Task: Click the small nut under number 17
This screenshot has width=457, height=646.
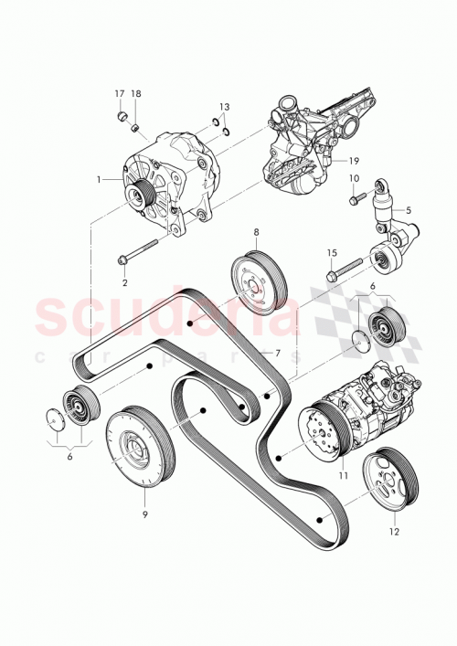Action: coord(122,116)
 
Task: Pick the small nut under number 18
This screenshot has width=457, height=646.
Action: coord(134,124)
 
